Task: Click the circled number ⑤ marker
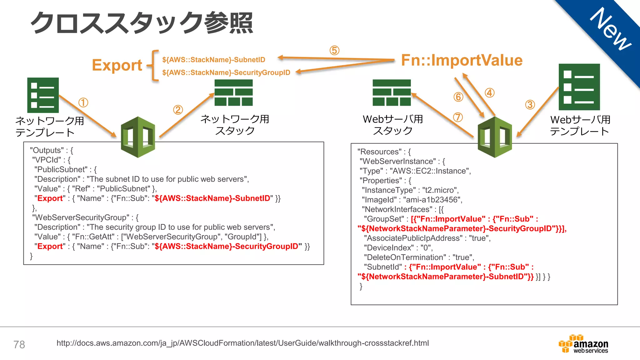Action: pyautogui.click(x=334, y=51)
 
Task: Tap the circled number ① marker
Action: pyautogui.click(x=83, y=102)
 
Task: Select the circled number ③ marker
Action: pyautogui.click(x=530, y=105)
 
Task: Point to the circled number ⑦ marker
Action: pyautogui.click(x=458, y=117)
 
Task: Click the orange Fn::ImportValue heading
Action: pyautogui.click(x=462, y=60)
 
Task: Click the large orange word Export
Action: pyautogui.click(x=117, y=65)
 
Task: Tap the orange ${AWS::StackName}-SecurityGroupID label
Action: pyautogui.click(x=226, y=73)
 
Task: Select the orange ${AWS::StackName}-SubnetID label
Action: pyautogui.click(x=213, y=60)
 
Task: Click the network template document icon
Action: pyautogui.click(x=43, y=95)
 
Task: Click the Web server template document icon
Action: pyautogui.click(x=579, y=87)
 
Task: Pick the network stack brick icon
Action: pyautogui.click(x=233, y=93)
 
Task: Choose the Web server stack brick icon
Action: pyautogui.click(x=392, y=93)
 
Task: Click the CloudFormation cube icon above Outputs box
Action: pyautogui.click(x=138, y=137)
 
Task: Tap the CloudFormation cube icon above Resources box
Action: pyautogui.click(x=495, y=137)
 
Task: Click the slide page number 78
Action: pyautogui.click(x=19, y=345)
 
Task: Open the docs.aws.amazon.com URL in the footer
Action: pyautogui.click(x=242, y=343)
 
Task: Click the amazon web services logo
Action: pyautogui.click(x=584, y=344)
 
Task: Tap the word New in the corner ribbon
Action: pyautogui.click(x=611, y=29)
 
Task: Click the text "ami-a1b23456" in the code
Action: pyautogui.click(x=432, y=200)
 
